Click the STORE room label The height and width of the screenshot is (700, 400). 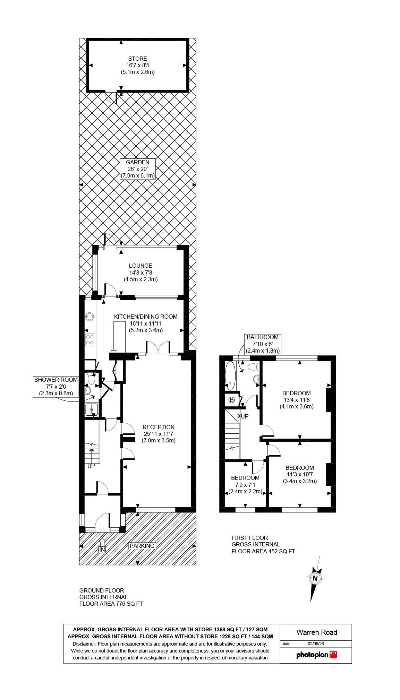click(137, 65)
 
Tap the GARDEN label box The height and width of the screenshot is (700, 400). click(137, 169)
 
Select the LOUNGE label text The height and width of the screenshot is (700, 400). click(141, 273)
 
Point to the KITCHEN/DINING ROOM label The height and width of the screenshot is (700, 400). click(146, 323)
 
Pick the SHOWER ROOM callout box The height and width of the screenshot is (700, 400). click(56, 387)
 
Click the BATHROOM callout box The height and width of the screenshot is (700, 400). click(263, 344)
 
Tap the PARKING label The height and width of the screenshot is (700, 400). click(142, 546)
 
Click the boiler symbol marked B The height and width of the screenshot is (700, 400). click(232, 400)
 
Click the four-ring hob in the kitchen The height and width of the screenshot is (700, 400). click(90, 339)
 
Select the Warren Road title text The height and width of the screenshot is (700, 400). click(316, 632)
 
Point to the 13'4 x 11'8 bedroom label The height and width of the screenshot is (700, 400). click(296, 400)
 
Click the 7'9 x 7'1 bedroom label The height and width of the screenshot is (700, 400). click(245, 484)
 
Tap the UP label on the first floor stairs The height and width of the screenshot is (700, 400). click(245, 416)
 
